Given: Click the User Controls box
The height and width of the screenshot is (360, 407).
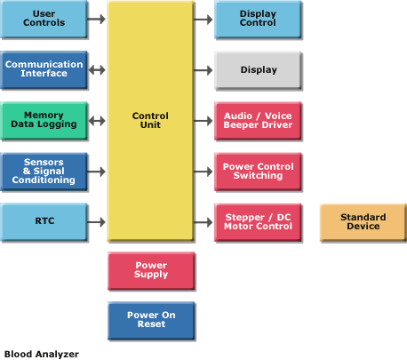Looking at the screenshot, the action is click(x=44, y=19).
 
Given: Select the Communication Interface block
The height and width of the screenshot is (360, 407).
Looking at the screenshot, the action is click(x=44, y=70).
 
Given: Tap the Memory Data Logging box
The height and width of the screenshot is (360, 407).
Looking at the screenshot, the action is click(x=44, y=121).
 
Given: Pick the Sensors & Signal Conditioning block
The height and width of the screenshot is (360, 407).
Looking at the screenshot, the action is click(x=44, y=172).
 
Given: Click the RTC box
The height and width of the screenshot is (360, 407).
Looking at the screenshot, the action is click(x=44, y=222).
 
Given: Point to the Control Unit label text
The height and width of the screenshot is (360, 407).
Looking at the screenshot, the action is click(x=150, y=120).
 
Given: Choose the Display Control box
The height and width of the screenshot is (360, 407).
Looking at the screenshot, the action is click(x=258, y=19).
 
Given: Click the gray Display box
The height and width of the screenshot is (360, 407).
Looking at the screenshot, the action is click(x=258, y=70).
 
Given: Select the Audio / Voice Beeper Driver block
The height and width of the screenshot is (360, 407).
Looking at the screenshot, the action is click(x=258, y=121).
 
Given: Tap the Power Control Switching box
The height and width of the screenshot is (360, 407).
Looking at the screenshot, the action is click(x=258, y=172).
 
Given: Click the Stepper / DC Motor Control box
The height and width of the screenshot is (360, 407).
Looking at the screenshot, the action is click(x=258, y=222).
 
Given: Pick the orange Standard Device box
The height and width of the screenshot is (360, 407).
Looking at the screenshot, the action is click(x=363, y=222).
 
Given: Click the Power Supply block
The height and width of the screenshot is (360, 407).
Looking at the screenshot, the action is click(x=151, y=270).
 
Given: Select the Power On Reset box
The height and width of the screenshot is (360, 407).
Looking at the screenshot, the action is click(x=151, y=320).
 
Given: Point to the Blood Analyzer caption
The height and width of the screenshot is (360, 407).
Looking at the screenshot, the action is click(x=42, y=354).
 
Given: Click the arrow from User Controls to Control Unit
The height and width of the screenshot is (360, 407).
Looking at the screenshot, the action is click(x=97, y=19).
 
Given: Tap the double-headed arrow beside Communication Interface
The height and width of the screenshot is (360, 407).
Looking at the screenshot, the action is click(x=97, y=70).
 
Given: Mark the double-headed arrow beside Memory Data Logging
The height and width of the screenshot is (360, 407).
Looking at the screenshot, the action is click(x=97, y=121).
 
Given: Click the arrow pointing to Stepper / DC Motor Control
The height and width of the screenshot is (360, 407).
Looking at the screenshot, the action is click(x=203, y=222).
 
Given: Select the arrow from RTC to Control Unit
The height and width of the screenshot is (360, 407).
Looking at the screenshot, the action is click(x=97, y=222).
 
